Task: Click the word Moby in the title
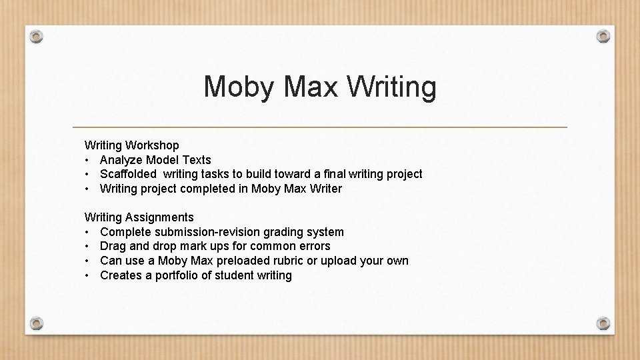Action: click(x=239, y=87)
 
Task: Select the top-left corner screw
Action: click(x=37, y=36)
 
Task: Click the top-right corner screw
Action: click(x=603, y=36)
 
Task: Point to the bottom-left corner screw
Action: click(x=37, y=323)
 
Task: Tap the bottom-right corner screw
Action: click(x=603, y=323)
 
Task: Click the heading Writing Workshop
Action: click(x=131, y=145)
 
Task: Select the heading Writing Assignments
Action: click(x=139, y=217)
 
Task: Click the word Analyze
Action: click(x=121, y=160)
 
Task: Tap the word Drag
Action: click(x=112, y=246)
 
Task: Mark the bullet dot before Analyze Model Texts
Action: click(x=87, y=160)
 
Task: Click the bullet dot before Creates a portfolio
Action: click(x=87, y=275)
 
